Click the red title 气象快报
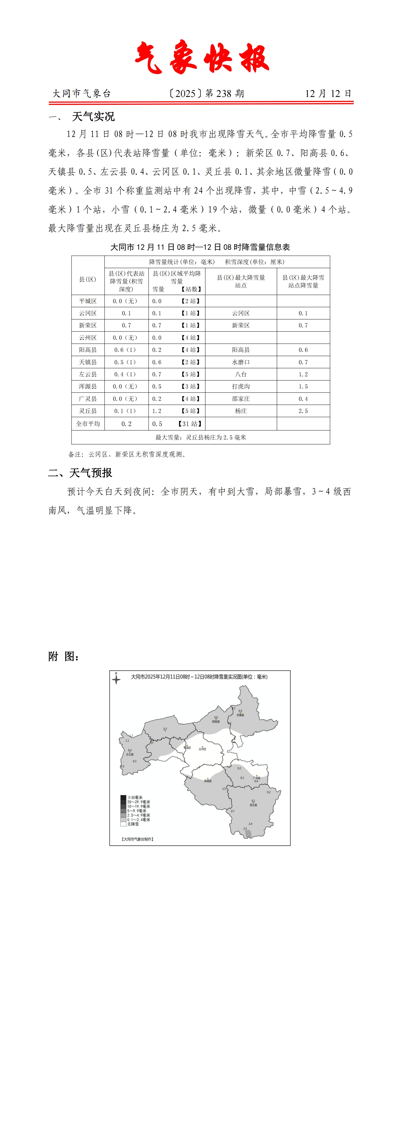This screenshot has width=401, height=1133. click(x=202, y=58)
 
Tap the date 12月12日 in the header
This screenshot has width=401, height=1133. click(x=328, y=93)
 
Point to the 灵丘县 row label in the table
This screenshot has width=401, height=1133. click(x=88, y=411)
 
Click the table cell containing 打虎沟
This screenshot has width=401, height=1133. click(x=241, y=386)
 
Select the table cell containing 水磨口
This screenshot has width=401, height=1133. click(x=241, y=362)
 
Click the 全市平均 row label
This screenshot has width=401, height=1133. click(x=88, y=424)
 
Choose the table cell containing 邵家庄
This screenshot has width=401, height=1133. click(x=241, y=398)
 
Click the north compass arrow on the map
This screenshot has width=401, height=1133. click(x=116, y=679)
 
